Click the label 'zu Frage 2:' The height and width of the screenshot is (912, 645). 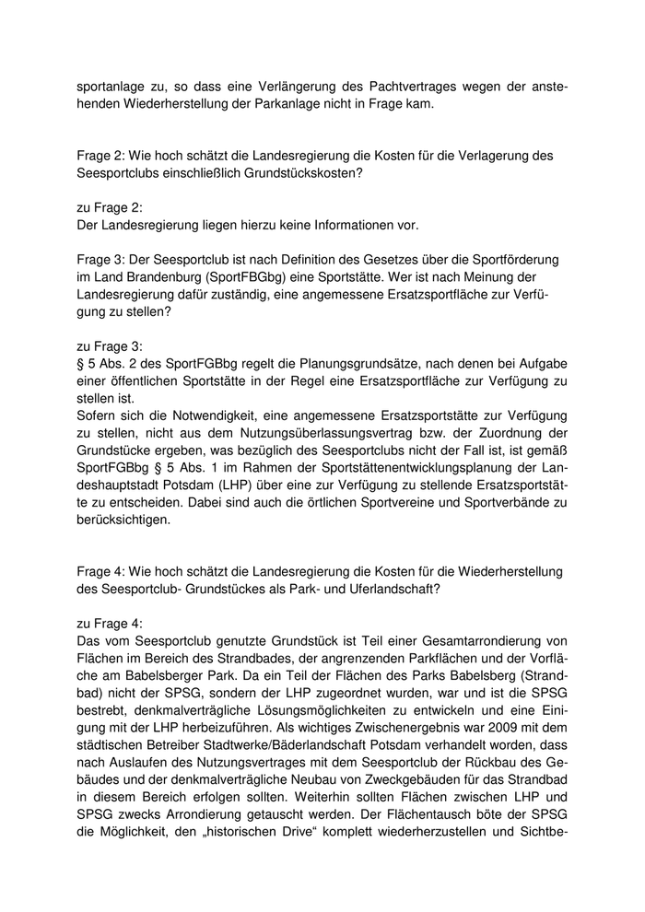tap(109, 207)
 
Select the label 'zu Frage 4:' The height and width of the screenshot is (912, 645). tap(109, 623)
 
